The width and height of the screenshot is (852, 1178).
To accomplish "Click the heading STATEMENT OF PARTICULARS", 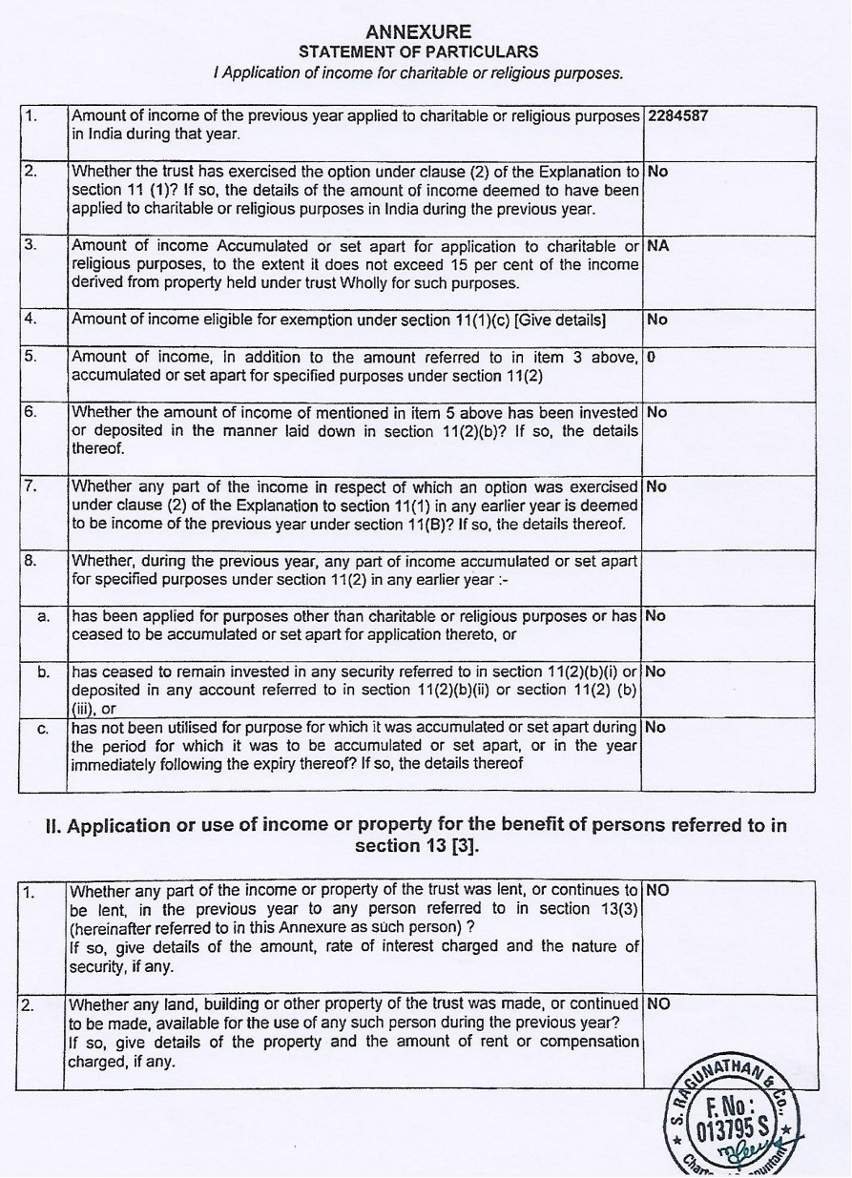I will click(418, 52).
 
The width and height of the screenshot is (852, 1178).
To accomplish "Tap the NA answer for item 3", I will click(657, 245).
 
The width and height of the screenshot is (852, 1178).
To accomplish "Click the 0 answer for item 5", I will click(651, 357).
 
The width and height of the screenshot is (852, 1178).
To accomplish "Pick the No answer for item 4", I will click(657, 320).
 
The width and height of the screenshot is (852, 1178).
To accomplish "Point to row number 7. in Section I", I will click(31, 486).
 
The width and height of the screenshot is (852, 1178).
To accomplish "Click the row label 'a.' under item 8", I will click(43, 616).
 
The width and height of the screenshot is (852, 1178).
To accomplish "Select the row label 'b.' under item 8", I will click(43, 672).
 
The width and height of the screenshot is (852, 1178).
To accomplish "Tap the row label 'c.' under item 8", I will click(43, 729).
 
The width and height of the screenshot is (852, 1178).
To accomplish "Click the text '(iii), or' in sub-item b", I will click(94, 709).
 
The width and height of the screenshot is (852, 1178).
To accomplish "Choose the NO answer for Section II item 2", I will click(658, 1003).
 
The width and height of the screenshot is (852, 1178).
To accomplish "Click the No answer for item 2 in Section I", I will click(657, 173).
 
